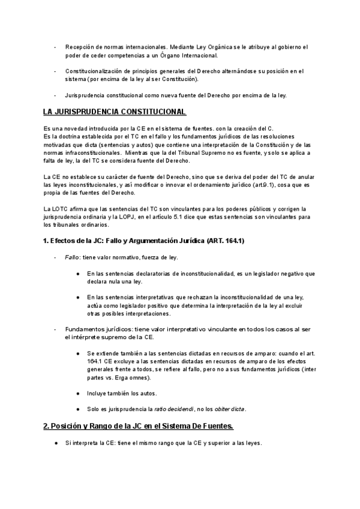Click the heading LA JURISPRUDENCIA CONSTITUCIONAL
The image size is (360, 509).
coord(115,112)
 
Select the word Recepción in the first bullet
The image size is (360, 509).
coord(79,47)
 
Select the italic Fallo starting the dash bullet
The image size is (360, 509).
coord(72,257)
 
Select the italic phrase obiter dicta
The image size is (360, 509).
coord(230,409)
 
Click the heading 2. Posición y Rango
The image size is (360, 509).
coord(138,426)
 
